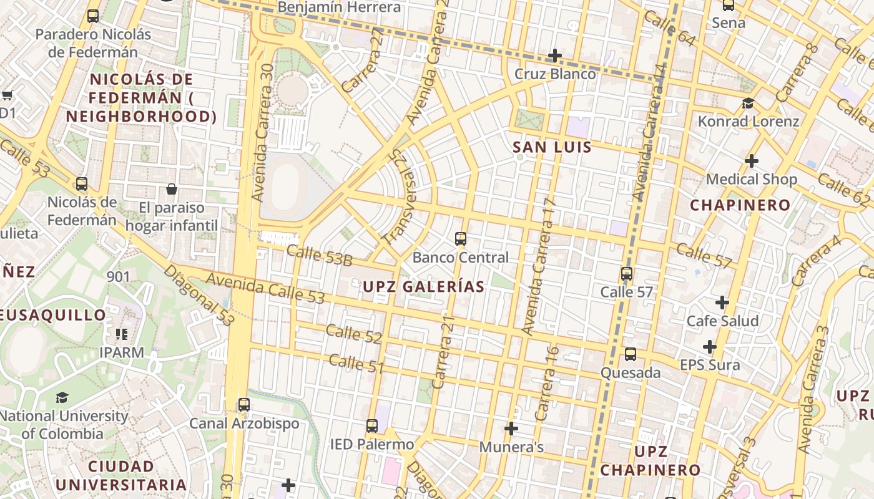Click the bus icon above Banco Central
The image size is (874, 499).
[x=461, y=238]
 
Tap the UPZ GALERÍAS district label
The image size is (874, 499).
[x=424, y=286]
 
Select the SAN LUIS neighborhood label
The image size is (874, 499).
[x=552, y=147]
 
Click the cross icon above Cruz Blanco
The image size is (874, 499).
[x=554, y=56]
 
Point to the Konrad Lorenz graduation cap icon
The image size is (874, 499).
[x=748, y=103]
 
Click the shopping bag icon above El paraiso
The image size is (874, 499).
[x=172, y=188]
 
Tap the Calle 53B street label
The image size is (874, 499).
[x=319, y=255]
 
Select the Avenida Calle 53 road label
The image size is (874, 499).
[x=265, y=289]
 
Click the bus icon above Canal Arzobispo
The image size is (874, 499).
[x=244, y=404]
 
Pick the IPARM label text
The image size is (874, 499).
[x=122, y=352]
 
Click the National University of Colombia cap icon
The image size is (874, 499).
[x=62, y=397]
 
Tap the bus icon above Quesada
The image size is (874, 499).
[x=631, y=354]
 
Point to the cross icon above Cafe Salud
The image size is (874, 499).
[x=722, y=303]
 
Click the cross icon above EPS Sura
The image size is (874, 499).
[x=709, y=346]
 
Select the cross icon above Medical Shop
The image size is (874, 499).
[x=752, y=161]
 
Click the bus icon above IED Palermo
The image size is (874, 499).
[x=372, y=426]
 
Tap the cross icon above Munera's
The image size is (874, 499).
[x=511, y=429]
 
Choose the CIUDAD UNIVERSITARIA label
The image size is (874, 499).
[x=120, y=475]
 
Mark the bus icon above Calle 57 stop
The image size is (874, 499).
[x=627, y=273]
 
